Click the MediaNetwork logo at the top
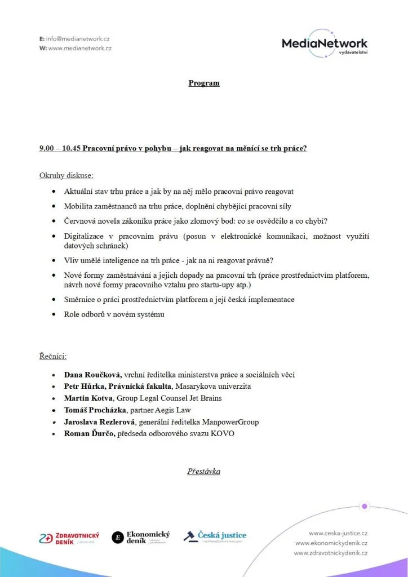325,44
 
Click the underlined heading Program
204,83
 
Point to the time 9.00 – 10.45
59,149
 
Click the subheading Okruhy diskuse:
66,175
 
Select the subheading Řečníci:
53,356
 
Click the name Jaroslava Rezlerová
99,422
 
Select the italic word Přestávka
204,471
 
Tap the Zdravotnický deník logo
69,538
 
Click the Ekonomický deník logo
141,538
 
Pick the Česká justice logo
215,536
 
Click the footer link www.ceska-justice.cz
338,533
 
